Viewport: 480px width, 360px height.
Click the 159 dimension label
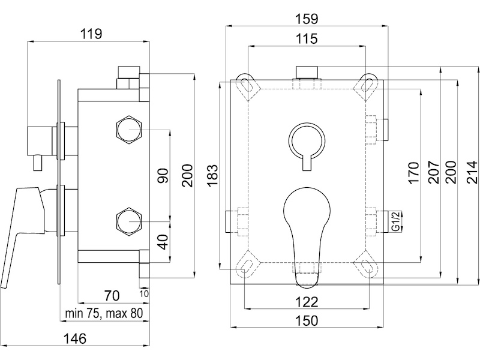click(307, 19)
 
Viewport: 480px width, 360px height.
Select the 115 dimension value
click(307, 39)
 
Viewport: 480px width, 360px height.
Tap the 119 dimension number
click(91, 34)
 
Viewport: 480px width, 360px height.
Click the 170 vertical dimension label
click(413, 173)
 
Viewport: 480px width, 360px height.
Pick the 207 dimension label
click(434, 172)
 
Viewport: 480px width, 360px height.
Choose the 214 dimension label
click(472, 172)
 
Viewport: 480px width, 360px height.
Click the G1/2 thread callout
click(396, 221)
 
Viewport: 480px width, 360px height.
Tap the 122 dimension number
click(307, 302)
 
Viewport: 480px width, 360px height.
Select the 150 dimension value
click(307, 321)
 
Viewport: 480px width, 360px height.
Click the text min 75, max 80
click(104, 313)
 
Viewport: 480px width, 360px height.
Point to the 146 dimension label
click(74, 339)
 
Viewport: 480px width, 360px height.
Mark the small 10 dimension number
click(144, 294)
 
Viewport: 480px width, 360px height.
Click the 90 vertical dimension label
click(163, 176)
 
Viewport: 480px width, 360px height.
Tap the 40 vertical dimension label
click(163, 242)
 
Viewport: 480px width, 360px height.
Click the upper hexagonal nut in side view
click(130, 129)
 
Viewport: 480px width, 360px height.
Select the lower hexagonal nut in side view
click(130, 221)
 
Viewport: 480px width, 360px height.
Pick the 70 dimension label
click(112, 296)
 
